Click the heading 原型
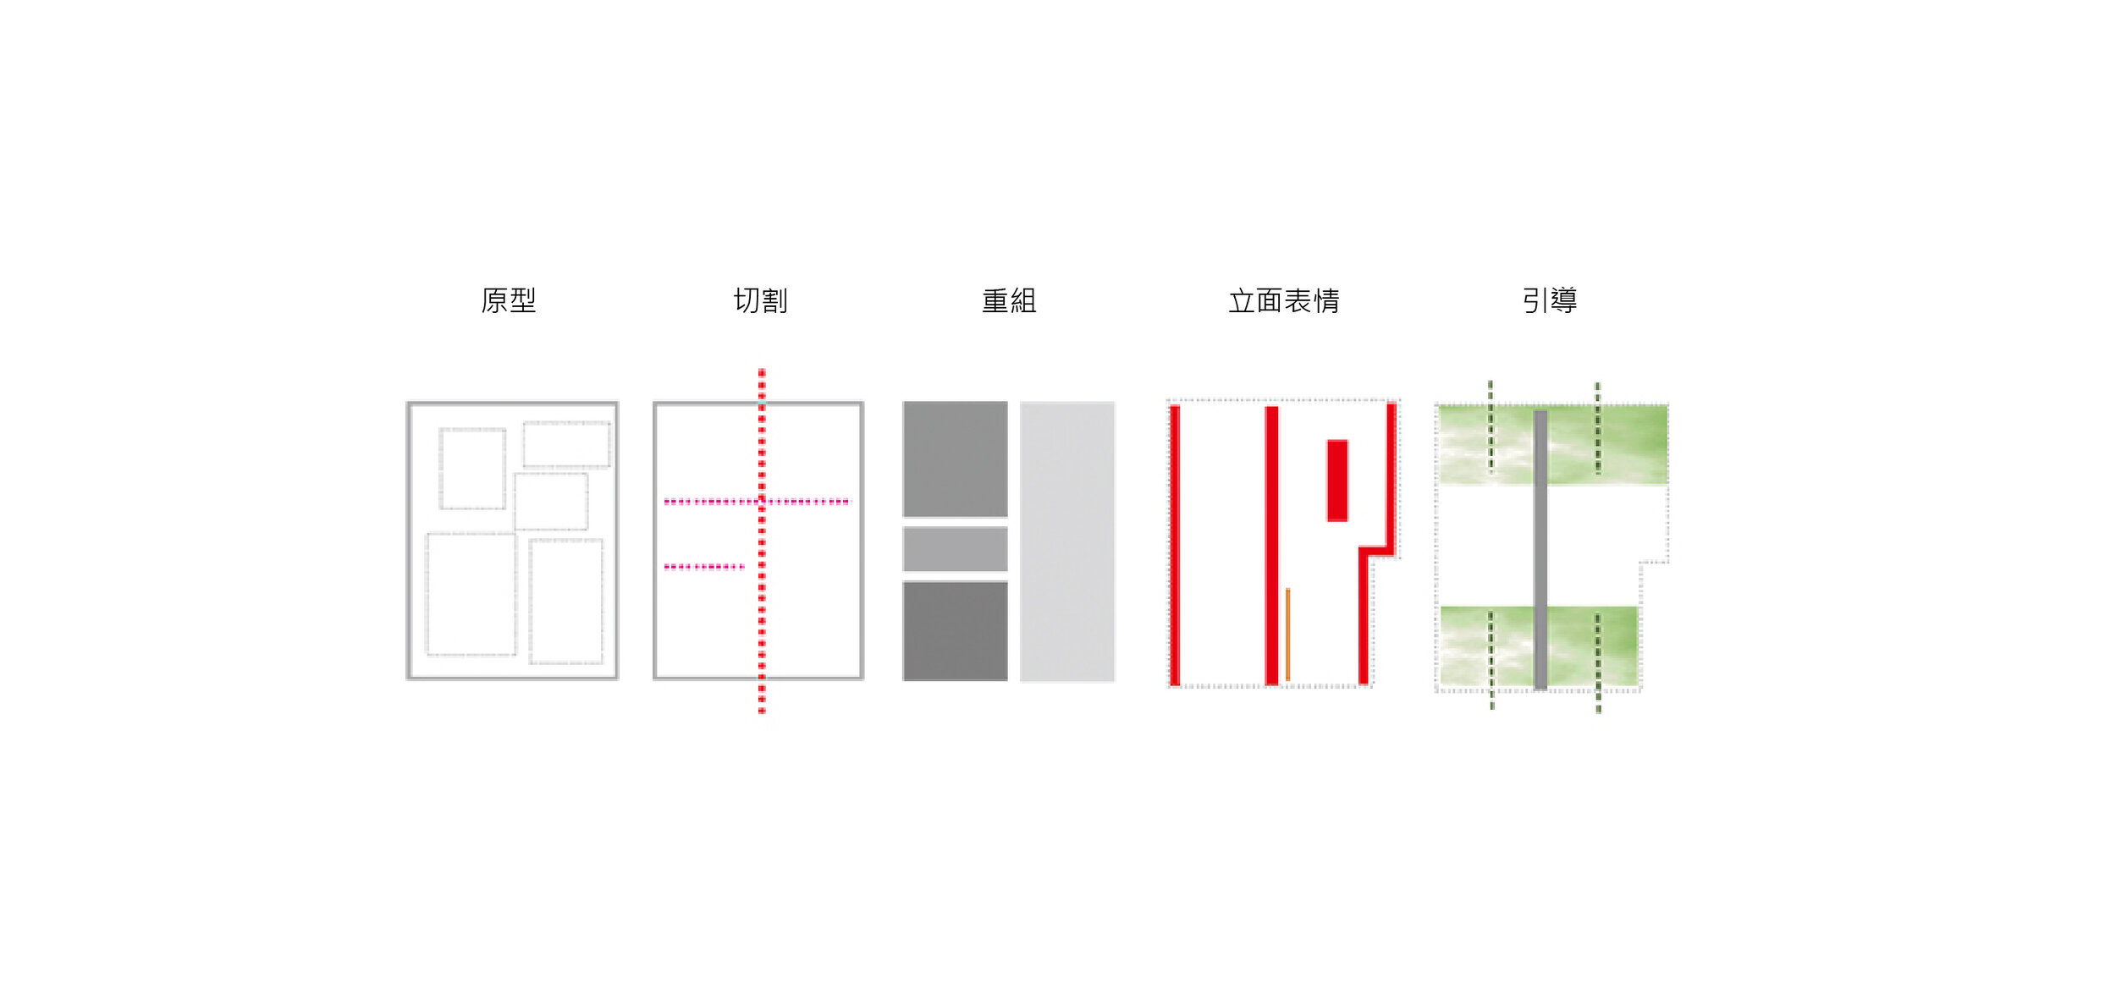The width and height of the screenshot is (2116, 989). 508,300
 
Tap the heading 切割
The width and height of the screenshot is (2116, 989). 760,300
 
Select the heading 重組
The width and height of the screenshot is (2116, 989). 1008,300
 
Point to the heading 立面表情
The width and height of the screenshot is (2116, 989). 1283,300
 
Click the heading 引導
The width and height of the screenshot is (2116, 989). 1549,300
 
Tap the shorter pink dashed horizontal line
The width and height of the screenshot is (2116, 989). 703,567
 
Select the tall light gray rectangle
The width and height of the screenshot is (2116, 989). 1066,541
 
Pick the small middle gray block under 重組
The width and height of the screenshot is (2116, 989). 955,549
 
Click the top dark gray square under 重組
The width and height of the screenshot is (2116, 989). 955,459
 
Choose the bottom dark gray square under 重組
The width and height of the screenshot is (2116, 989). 955,631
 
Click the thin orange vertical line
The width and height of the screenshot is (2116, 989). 1287,635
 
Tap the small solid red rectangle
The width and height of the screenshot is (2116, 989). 1336,481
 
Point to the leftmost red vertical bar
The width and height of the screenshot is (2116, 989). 1175,546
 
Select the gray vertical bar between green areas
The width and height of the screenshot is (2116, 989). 1540,550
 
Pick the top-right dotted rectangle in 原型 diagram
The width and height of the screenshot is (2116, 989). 566,444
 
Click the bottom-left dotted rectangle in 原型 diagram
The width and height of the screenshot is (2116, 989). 471,594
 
